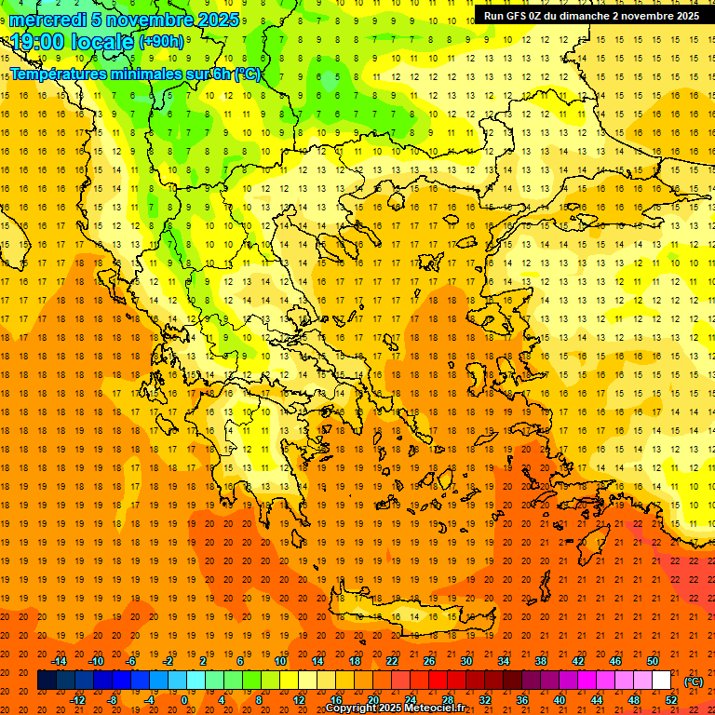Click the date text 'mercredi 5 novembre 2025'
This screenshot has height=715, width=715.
[125, 20]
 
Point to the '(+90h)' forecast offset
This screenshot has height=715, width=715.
[160, 43]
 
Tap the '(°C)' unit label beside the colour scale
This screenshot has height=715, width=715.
[694, 681]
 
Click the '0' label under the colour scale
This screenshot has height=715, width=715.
[184, 700]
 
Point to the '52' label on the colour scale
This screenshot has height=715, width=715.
[671, 700]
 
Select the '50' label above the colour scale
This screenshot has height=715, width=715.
[653, 661]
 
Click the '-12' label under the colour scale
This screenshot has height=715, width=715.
[77, 700]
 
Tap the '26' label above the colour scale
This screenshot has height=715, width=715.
[429, 661]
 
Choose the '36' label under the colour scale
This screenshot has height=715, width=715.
[522, 700]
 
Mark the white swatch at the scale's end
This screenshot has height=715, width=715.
[662, 681]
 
